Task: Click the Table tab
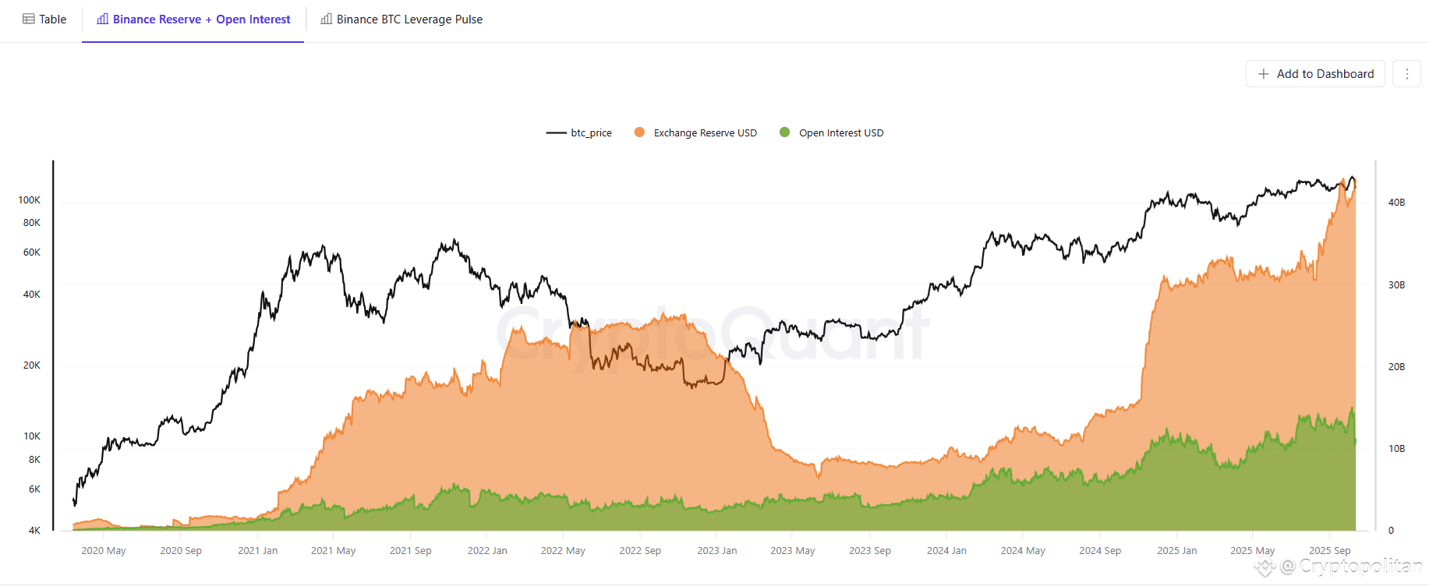click(x=44, y=19)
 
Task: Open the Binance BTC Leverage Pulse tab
click(x=401, y=19)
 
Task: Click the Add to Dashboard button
click(x=1315, y=74)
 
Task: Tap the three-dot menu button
click(x=1406, y=74)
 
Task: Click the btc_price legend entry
click(x=579, y=133)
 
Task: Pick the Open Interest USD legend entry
click(x=832, y=133)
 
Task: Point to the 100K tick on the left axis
click(x=30, y=200)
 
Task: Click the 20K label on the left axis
click(x=32, y=365)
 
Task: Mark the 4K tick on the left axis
click(x=34, y=531)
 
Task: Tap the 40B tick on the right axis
click(x=1396, y=203)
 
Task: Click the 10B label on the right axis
click(x=1396, y=449)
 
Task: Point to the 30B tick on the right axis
click(x=1396, y=285)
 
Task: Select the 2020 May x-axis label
click(x=104, y=551)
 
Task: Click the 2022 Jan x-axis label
click(x=487, y=551)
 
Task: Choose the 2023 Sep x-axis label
click(x=870, y=551)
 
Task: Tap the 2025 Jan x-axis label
click(x=1176, y=551)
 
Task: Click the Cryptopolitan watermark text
click(x=1360, y=567)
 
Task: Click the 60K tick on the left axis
click(x=32, y=252)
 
